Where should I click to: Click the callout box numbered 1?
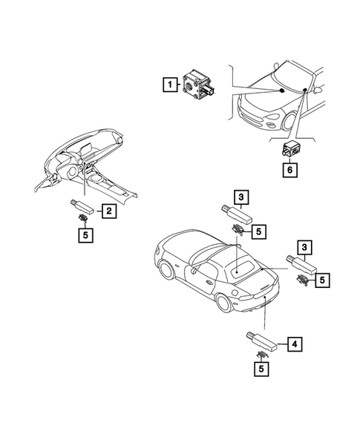click(171, 85)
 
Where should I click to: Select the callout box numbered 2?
click(108, 211)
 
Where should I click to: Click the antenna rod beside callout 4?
click(263, 342)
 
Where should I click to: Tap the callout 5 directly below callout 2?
click(86, 237)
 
